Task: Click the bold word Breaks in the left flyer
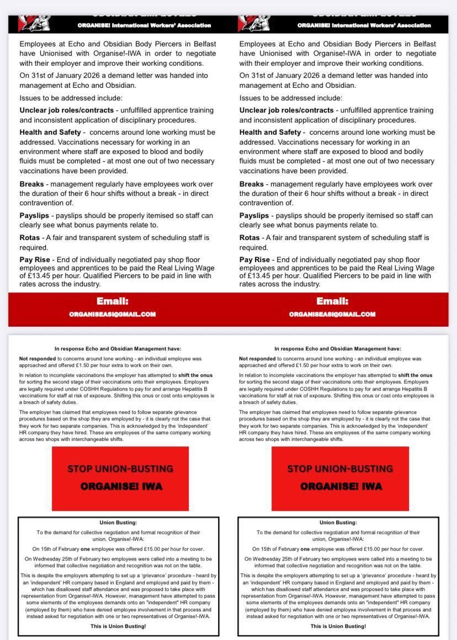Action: (x=31, y=184)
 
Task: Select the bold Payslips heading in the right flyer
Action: (x=254, y=216)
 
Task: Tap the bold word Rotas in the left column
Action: (x=30, y=238)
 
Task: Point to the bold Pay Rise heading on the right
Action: (x=254, y=260)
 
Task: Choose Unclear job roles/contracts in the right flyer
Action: (x=286, y=110)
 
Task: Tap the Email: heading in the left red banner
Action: (x=113, y=301)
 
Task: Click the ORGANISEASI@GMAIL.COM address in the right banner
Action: (x=332, y=314)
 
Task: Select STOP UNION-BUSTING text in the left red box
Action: (x=120, y=469)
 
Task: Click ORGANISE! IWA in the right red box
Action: (x=341, y=487)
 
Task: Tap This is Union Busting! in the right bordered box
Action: (x=338, y=626)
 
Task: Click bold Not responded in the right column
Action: (x=257, y=359)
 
